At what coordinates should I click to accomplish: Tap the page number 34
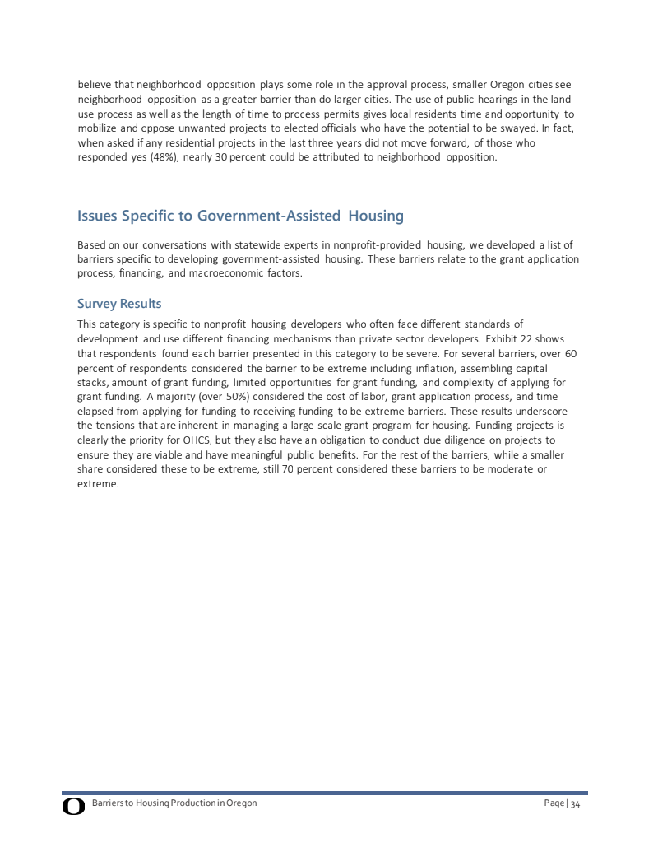coord(576,803)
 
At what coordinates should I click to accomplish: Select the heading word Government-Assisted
coord(270,216)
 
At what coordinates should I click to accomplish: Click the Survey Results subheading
coord(119,304)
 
